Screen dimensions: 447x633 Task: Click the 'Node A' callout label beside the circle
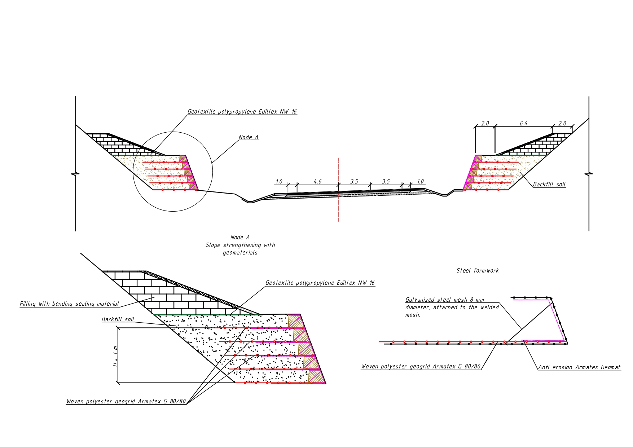point(249,137)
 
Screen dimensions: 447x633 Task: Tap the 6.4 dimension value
point(523,124)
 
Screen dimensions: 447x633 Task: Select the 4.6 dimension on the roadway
point(317,182)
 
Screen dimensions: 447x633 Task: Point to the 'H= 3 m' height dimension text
point(115,356)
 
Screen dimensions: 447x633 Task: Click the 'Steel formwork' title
point(478,271)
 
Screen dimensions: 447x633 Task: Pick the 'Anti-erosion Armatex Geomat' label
point(579,367)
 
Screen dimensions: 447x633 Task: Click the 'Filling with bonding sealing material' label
point(69,304)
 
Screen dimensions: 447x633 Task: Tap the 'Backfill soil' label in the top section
point(549,185)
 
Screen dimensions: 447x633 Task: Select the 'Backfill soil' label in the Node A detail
point(118,319)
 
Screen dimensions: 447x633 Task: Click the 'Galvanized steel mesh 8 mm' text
point(445,300)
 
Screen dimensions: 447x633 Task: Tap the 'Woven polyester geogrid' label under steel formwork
point(421,367)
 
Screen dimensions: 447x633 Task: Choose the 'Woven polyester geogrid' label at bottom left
point(126,402)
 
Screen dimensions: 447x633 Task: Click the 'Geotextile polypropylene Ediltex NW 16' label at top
point(242,112)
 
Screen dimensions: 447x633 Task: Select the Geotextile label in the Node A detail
point(320,283)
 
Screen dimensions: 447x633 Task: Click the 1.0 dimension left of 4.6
point(279,182)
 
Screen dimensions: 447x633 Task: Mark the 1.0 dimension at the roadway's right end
point(420,182)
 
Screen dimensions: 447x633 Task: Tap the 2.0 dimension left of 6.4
point(485,124)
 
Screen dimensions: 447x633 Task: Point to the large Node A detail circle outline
point(212,171)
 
